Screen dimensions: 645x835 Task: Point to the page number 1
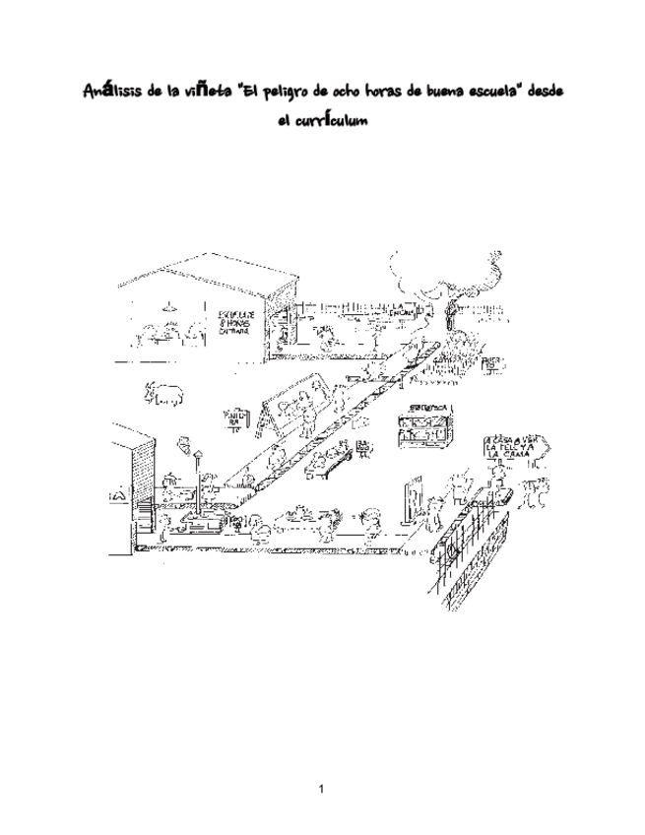tap(322, 788)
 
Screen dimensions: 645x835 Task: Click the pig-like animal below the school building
tap(164, 393)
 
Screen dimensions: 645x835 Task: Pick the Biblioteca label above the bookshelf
tap(426, 407)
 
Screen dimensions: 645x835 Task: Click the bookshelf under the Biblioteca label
tap(425, 431)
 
